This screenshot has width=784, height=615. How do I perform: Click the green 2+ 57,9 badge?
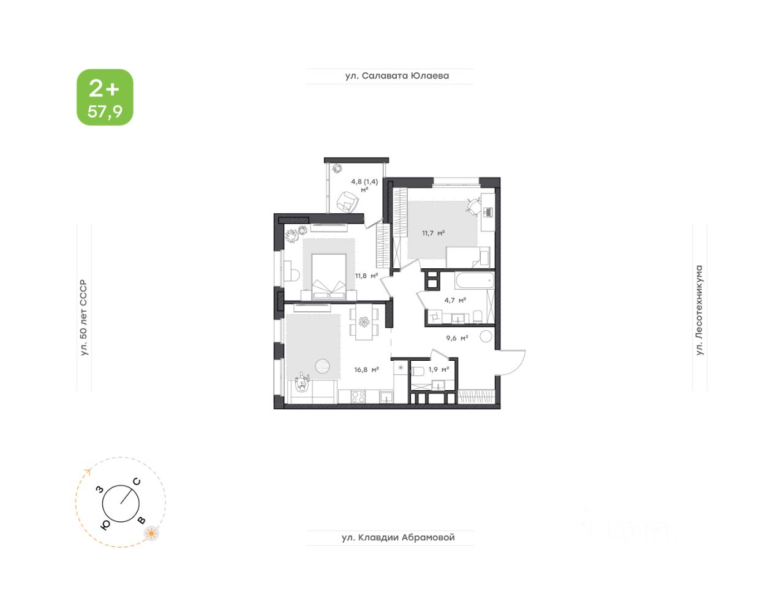tap(105, 97)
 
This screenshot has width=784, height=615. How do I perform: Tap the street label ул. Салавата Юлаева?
tap(396, 76)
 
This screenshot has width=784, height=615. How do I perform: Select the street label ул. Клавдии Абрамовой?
tap(398, 538)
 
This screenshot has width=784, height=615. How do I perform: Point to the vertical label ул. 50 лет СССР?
tap(84, 318)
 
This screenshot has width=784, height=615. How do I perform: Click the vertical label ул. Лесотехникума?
tap(699, 310)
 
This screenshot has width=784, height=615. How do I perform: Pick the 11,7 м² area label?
tap(432, 233)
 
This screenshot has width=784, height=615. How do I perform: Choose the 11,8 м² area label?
tap(366, 276)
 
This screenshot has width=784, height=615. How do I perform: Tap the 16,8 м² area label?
tap(366, 369)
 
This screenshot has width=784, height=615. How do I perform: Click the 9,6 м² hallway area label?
tap(457, 338)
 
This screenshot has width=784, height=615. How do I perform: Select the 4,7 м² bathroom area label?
tap(455, 300)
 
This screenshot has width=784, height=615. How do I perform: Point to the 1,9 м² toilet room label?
tap(439, 369)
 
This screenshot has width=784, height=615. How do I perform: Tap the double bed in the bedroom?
tap(329, 277)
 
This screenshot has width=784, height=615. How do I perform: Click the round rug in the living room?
tap(323, 366)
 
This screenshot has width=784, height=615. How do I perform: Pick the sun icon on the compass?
tap(151, 534)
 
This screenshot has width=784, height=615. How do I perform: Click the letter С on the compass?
tap(137, 481)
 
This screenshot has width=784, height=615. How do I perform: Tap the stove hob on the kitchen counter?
tap(358, 398)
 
